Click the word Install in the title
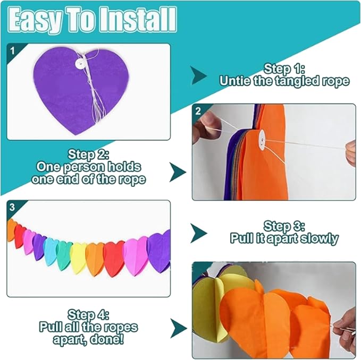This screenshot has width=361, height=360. [138, 20]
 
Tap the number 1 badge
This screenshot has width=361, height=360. [12, 51]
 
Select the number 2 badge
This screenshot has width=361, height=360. [198, 112]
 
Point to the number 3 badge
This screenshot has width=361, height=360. [12, 208]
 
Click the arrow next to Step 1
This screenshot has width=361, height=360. [199, 75]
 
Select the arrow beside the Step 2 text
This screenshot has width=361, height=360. [178, 172]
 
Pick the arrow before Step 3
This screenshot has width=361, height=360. [199, 233]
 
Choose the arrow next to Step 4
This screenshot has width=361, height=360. [178, 328]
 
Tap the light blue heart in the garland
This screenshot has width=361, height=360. [51, 251]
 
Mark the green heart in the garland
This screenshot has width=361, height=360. [64, 255]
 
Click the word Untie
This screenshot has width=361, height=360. [235, 81]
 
